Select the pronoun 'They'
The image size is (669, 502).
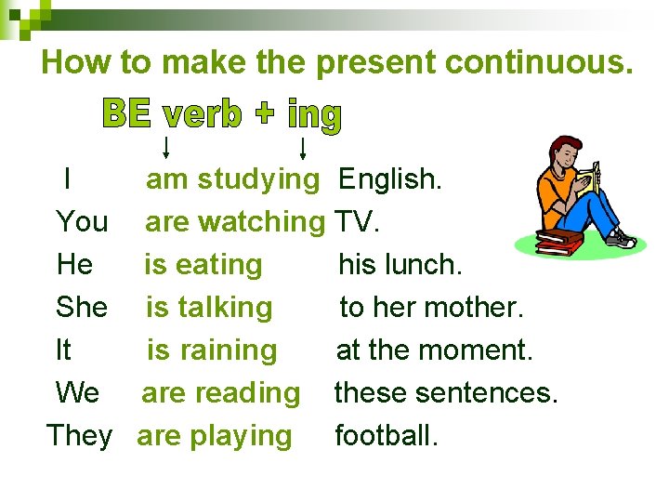tap(79, 435)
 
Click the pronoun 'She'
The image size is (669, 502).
tap(82, 307)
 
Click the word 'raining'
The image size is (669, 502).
tap(228, 350)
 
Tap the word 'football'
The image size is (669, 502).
tap(385, 435)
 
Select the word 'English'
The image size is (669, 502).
tap(389, 178)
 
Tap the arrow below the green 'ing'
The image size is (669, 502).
tap(304, 147)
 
